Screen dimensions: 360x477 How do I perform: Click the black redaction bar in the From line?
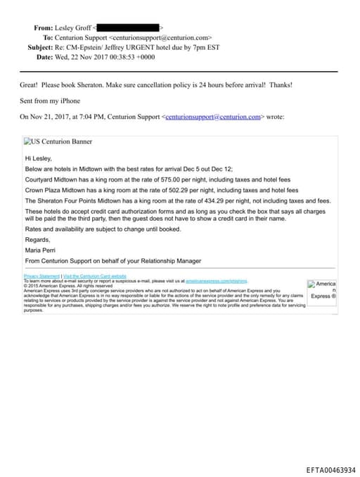(128, 27)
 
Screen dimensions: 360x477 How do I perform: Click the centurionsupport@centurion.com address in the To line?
(161, 37)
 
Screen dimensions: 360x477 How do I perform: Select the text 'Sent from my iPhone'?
(49, 101)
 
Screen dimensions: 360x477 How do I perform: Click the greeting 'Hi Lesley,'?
(39, 159)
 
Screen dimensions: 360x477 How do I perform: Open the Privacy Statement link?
(41, 276)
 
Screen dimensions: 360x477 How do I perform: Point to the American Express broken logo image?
(322, 290)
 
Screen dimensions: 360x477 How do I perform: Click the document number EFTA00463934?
(330, 470)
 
